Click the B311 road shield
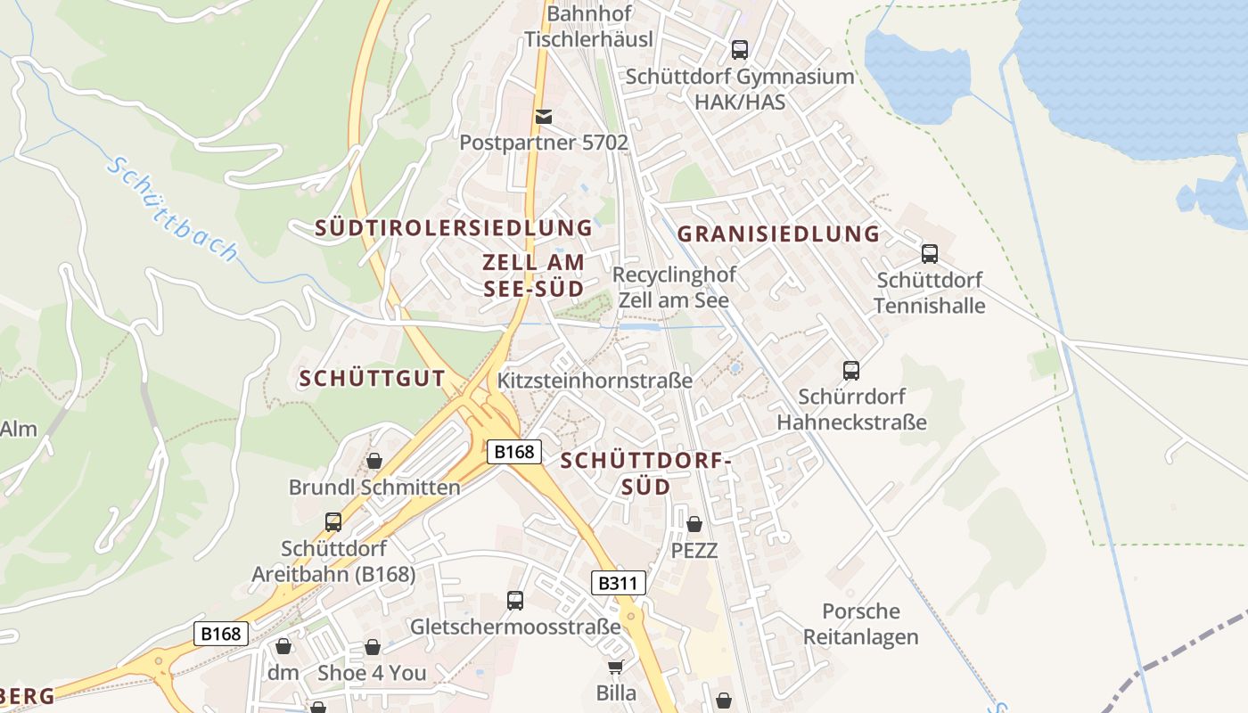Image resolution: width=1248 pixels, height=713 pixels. click(x=619, y=584)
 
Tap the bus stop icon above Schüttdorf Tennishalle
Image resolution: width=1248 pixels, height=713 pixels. click(x=930, y=254)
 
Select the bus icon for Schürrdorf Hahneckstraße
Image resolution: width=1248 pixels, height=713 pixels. click(x=851, y=370)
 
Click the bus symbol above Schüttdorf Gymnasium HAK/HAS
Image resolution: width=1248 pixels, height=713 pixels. click(x=740, y=50)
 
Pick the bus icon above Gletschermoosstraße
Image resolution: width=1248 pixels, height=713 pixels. click(x=515, y=601)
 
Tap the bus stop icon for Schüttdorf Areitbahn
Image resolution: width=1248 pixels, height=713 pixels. click(x=333, y=521)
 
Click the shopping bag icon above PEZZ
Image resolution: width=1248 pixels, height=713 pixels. click(x=694, y=524)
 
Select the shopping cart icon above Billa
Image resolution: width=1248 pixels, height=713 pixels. click(x=615, y=667)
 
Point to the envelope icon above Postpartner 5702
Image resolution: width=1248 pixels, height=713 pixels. click(x=543, y=117)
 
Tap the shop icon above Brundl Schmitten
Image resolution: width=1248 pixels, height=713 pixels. click(x=374, y=461)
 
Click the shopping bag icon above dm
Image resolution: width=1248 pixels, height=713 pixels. click(x=283, y=646)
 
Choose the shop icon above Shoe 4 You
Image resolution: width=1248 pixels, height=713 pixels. click(x=373, y=647)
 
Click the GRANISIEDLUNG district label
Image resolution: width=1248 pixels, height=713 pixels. click(x=778, y=234)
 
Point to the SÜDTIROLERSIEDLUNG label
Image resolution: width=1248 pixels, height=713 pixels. click(x=454, y=228)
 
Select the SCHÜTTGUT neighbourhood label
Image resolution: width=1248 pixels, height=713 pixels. click(x=373, y=379)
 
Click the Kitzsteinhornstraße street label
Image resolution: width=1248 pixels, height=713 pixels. click(x=595, y=381)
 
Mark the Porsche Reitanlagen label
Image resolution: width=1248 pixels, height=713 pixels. click(x=861, y=624)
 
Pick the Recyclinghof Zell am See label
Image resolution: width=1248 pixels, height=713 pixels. click(x=673, y=287)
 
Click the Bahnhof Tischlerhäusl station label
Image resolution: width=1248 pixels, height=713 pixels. click(x=588, y=27)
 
